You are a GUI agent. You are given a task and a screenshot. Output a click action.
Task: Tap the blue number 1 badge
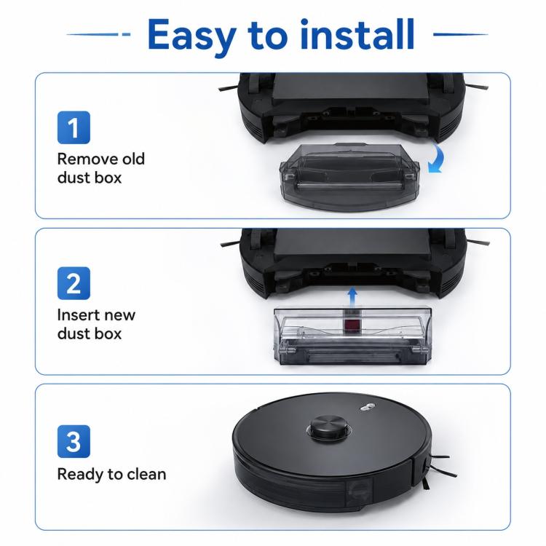[x=74, y=127]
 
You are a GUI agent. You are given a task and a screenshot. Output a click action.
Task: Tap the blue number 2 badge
[x=74, y=283]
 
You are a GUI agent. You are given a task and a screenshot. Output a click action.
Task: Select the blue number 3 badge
[x=74, y=441]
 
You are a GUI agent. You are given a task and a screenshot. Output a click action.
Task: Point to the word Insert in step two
[x=79, y=314]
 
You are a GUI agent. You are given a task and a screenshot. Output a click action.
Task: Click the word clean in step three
[x=146, y=474]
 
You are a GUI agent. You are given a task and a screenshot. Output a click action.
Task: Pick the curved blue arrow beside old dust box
[x=438, y=159]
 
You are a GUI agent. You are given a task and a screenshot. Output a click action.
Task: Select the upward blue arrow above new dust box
[x=352, y=297]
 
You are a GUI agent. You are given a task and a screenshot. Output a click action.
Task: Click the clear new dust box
[x=352, y=336]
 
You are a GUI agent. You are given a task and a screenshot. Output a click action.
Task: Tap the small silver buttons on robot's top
[x=367, y=407]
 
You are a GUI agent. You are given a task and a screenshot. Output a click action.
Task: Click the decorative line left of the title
[x=98, y=34]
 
